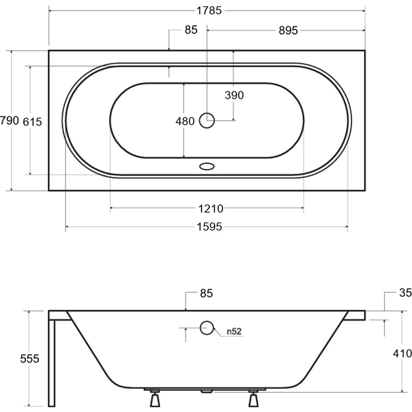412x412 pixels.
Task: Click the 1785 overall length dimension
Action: point(209,11)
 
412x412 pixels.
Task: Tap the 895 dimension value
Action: point(288,30)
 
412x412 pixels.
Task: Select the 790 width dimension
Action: point(9,121)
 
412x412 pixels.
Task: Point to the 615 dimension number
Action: point(32,122)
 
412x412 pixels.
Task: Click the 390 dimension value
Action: point(234,95)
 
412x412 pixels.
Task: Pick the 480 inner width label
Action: point(185,121)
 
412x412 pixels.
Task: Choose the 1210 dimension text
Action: point(210,209)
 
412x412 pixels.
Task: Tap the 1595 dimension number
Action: point(209,227)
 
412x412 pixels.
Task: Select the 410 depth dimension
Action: point(402,353)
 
